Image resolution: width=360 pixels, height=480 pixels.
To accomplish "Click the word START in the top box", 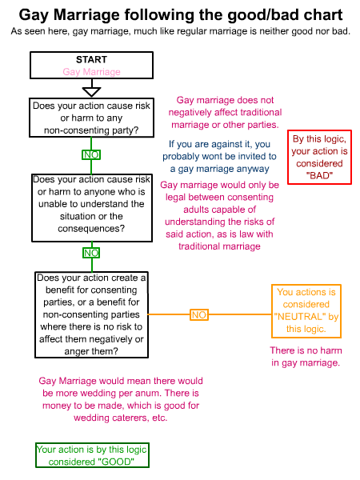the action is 91,59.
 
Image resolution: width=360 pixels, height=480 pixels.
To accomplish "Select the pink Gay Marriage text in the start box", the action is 91,72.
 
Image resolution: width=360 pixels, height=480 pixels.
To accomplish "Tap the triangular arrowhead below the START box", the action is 91,92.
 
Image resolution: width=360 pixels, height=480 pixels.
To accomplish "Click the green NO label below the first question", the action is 91,154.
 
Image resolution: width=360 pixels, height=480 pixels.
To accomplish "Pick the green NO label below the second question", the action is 91,253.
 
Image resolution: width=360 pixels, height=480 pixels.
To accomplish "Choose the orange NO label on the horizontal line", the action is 199,314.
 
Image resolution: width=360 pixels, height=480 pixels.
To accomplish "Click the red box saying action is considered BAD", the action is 319,158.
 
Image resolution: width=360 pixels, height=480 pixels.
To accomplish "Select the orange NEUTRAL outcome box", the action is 306,311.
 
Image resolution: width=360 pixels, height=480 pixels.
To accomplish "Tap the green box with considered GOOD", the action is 92,455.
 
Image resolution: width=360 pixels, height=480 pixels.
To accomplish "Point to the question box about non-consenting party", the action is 91,118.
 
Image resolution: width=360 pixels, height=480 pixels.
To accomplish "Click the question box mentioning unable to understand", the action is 92,208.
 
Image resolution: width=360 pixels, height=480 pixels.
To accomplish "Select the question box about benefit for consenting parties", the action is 91,314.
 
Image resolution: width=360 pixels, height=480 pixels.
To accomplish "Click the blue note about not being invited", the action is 219,157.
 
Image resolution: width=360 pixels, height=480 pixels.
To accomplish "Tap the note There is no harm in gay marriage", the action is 306,357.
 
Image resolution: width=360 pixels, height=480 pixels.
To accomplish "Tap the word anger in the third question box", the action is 76,351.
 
